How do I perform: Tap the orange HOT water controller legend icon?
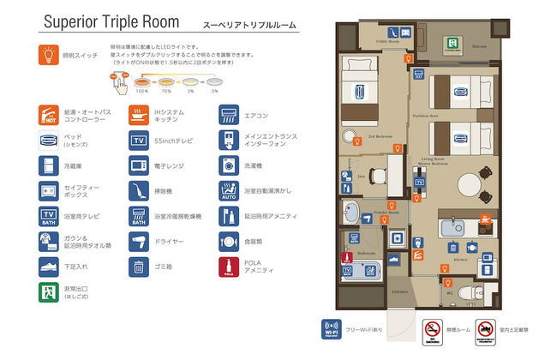pyautogui.click(x=49, y=115)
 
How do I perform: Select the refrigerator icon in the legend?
pyautogui.click(x=49, y=165)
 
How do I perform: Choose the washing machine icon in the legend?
pyautogui.click(x=228, y=165)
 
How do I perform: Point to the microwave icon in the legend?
pyautogui.click(x=138, y=165)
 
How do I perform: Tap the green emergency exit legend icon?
pyautogui.click(x=49, y=291)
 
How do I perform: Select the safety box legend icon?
pyautogui.click(x=49, y=190)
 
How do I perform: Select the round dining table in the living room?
pyautogui.click(x=469, y=186)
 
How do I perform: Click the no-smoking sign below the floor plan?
pyautogui.click(x=433, y=329)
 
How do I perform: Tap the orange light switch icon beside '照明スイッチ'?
pyautogui.click(x=49, y=56)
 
